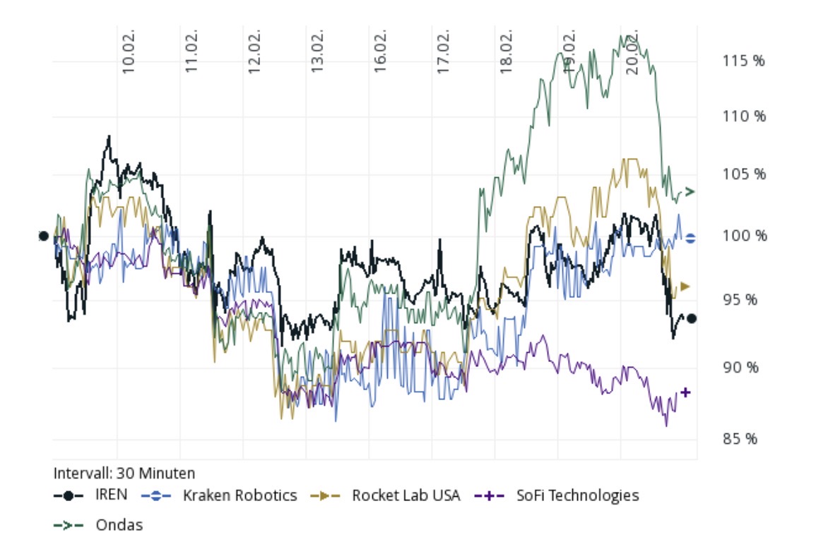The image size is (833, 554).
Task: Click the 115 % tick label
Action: (743, 61)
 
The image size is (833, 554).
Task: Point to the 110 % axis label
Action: (743, 116)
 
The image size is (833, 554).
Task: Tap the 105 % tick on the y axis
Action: (743, 174)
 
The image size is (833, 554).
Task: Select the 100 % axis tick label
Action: (743, 236)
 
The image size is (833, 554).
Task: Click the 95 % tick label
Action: (740, 300)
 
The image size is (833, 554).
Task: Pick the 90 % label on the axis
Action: (740, 368)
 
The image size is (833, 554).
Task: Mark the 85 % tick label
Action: (740, 439)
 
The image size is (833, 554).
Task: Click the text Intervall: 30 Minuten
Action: (124, 473)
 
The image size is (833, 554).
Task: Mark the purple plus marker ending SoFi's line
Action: (685, 392)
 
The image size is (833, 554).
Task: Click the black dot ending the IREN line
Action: (692, 318)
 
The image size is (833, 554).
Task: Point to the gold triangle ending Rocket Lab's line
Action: (685, 287)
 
